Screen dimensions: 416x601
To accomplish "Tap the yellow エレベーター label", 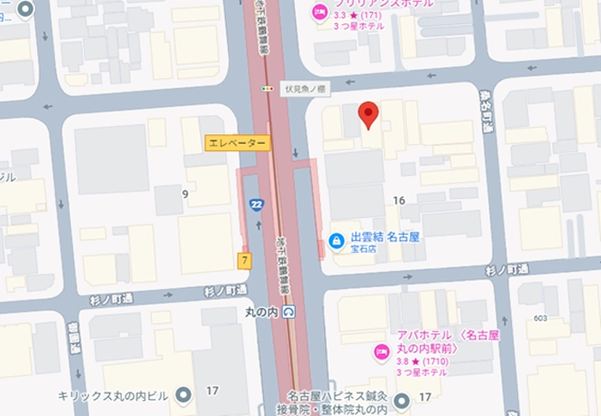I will click(237, 143).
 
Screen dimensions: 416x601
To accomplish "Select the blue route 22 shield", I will click(257, 205).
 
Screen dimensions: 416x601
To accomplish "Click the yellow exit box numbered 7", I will click(243, 260).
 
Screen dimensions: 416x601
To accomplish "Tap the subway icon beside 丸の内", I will click(287, 312).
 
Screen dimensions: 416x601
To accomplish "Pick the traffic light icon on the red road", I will click(266, 89).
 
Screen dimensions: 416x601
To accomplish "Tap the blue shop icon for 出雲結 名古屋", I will click(335, 240).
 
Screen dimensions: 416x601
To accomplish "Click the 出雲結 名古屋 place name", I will click(381, 239).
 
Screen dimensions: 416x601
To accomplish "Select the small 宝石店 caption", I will click(363, 252).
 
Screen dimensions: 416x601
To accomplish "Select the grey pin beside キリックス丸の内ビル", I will click(185, 395).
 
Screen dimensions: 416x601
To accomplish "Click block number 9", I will click(185, 193).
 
